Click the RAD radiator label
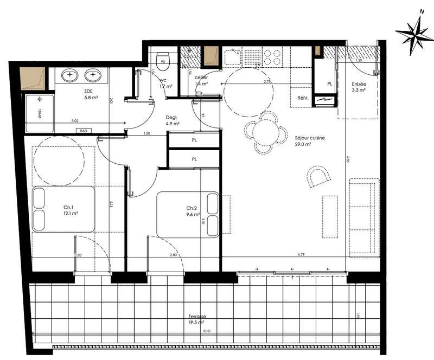tap(84, 131)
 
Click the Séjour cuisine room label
tap(309, 142)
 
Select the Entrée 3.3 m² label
tap(359, 87)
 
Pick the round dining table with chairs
tap(266, 131)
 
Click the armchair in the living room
tap(319, 176)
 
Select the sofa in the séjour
tap(362, 216)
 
